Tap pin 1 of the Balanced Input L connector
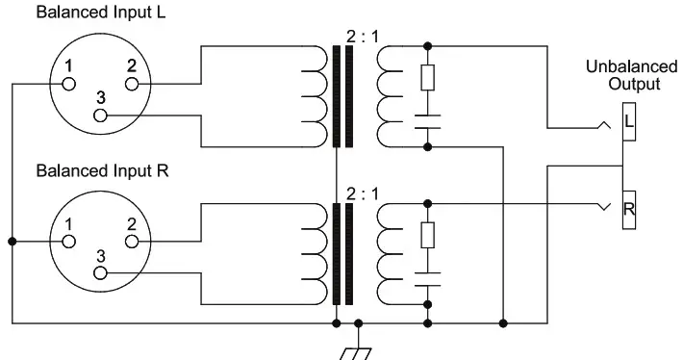click(x=67, y=84)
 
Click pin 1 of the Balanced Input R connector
click(x=67, y=243)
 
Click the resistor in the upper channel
click(x=427, y=77)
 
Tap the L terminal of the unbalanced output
click(x=626, y=121)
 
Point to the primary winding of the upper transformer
click(x=314, y=95)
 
